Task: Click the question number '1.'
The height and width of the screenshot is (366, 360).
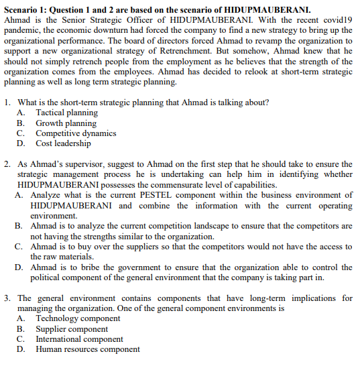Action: tap(7, 103)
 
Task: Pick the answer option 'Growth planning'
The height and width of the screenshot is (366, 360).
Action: tap(66, 123)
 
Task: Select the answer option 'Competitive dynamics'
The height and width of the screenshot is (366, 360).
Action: tap(76, 133)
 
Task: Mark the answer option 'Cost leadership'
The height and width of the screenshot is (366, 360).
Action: tap(63, 143)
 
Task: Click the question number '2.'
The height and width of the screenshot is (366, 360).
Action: tap(7, 164)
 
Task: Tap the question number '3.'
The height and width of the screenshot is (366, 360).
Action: tap(7, 298)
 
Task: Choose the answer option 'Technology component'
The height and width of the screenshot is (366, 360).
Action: tap(78, 318)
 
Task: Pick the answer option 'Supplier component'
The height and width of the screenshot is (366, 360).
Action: tap(71, 328)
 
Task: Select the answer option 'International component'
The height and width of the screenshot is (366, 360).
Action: tap(79, 339)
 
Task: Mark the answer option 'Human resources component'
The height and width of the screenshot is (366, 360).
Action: tap(88, 349)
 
